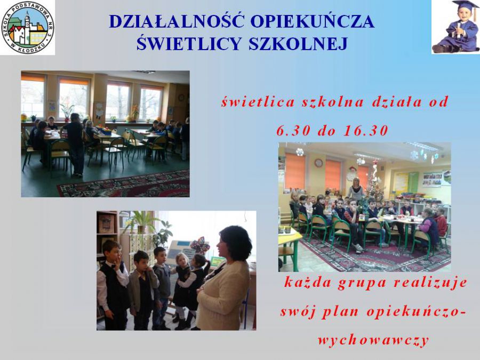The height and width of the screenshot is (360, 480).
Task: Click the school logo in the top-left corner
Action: pyautogui.click(x=28, y=28)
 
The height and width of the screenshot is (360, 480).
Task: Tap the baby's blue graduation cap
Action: pyautogui.click(x=465, y=5)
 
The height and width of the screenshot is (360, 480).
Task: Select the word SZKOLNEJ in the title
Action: pyautogui.click(x=298, y=43)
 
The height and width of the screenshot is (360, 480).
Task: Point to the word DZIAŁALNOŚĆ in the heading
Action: pyautogui.click(x=177, y=21)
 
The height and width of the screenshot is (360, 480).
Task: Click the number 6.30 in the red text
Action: pyautogui.click(x=293, y=131)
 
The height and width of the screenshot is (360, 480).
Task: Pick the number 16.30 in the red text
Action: pyautogui.click(x=366, y=131)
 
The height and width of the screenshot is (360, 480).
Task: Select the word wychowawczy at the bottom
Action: pyautogui.click(x=373, y=340)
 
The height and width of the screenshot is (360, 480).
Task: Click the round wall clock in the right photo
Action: pyautogui.click(x=318, y=163)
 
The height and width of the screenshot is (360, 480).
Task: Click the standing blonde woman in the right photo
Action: pyautogui.click(x=355, y=189)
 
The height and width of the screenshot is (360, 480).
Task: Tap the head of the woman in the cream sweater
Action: pyautogui.click(x=234, y=243)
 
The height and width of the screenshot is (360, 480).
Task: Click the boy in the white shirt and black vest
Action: pyautogui.click(x=113, y=285)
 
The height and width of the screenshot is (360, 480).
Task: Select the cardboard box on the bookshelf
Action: pyautogui.click(x=106, y=224)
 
